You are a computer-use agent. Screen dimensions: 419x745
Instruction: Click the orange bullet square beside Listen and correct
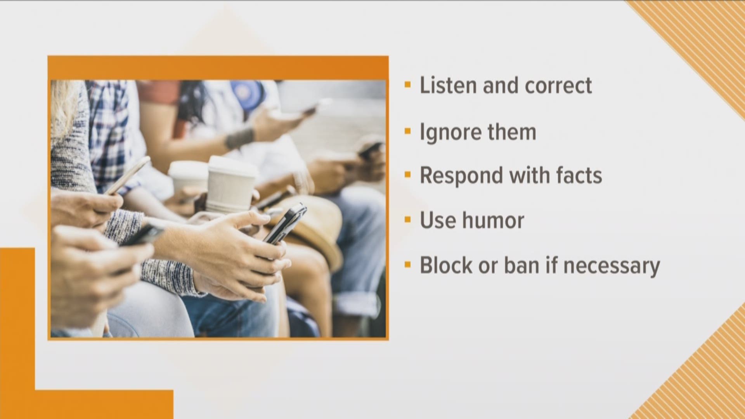(407, 85)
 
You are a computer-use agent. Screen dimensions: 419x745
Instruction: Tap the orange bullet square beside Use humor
(407, 220)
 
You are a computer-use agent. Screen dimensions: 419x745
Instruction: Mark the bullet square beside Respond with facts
(407, 175)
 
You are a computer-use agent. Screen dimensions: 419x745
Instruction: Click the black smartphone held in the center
(285, 224)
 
